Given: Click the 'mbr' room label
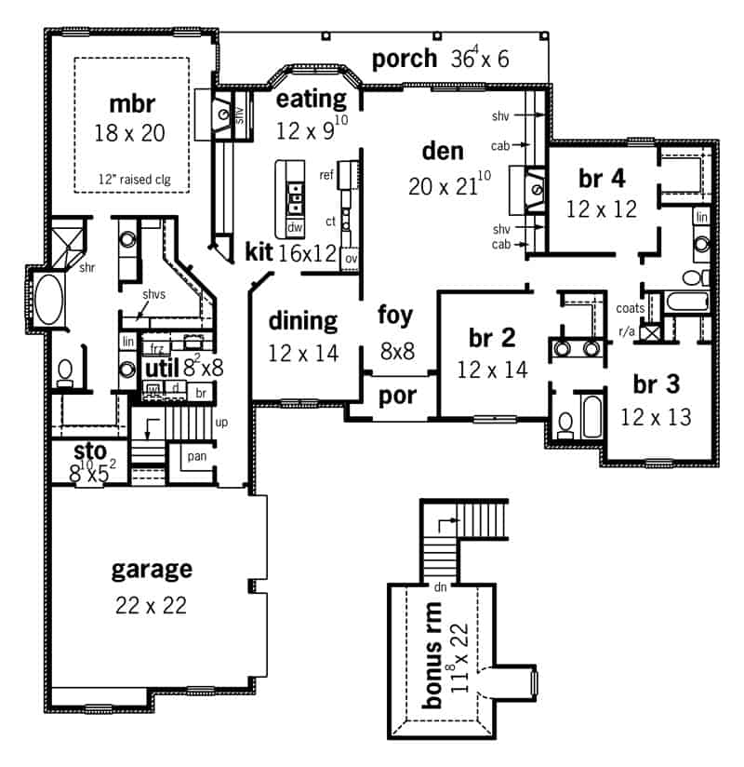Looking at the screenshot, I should coord(129,101).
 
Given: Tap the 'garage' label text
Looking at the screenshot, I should coord(152,569).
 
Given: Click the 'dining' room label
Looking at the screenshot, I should coord(302,321).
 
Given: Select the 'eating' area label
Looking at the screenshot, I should coord(312,99).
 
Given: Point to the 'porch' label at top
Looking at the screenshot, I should coord(404,60).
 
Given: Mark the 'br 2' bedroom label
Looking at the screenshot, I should coord(492,338).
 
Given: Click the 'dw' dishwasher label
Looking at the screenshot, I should coord(295,227).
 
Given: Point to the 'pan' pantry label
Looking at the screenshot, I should coord(196,457).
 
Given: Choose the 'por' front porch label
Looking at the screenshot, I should coord(397,397).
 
